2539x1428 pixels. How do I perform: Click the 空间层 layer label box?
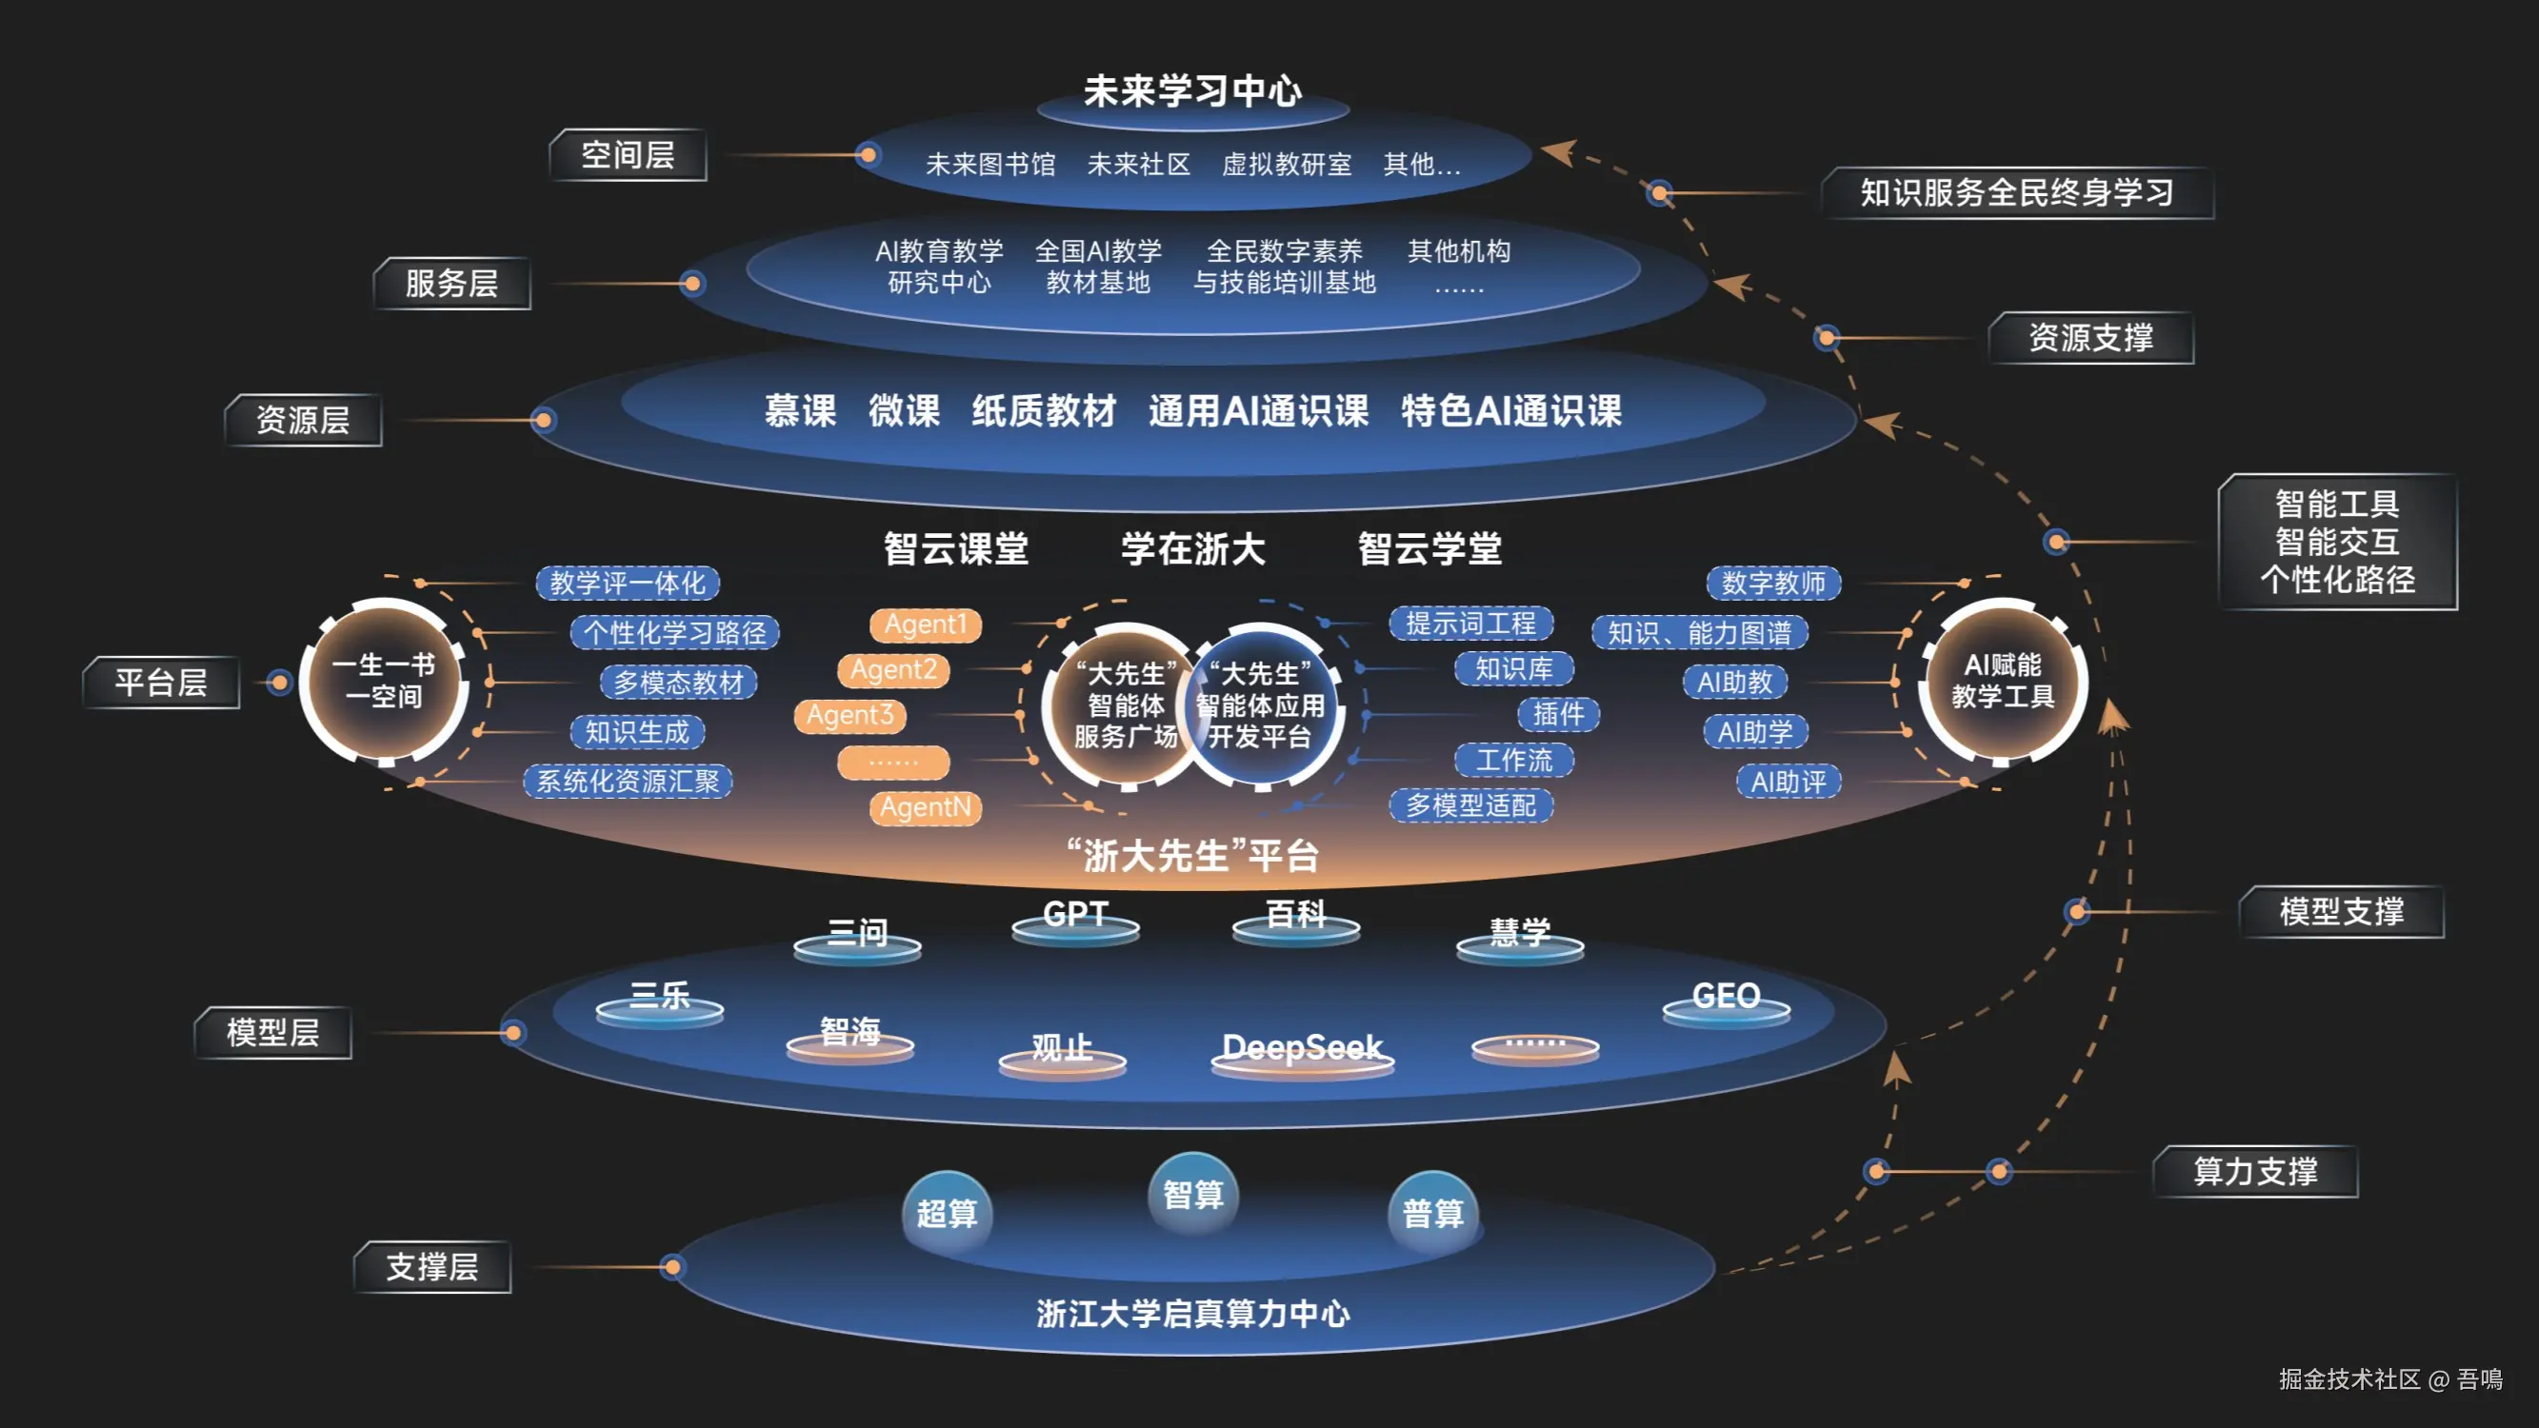pos(628,155)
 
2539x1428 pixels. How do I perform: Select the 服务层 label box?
pos(451,284)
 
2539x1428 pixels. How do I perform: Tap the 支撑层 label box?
pos(431,1266)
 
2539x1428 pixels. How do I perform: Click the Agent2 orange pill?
pos(893,670)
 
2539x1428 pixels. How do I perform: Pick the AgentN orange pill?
pos(925,807)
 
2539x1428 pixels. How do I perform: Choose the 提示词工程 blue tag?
pos(1469,623)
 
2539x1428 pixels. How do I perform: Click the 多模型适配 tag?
pos(1469,805)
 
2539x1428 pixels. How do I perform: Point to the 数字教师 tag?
pos(1772,583)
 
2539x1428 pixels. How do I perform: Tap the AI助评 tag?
pos(1787,782)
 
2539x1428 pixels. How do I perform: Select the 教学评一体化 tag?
pos(627,583)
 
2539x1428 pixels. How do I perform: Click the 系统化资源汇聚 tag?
pos(627,782)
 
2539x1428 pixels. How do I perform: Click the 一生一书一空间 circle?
pos(384,681)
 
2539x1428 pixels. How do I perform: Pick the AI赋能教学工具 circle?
pos(2002,681)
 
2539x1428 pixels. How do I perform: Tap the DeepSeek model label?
pos(1302,1047)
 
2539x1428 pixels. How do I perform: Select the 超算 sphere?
pos(947,1212)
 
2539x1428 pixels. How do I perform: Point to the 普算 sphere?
pos(1432,1212)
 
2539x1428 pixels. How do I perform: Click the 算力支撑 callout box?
pos(2254,1171)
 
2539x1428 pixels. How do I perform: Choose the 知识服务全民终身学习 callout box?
pos(2015,192)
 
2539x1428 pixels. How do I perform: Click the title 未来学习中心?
pos(1192,90)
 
